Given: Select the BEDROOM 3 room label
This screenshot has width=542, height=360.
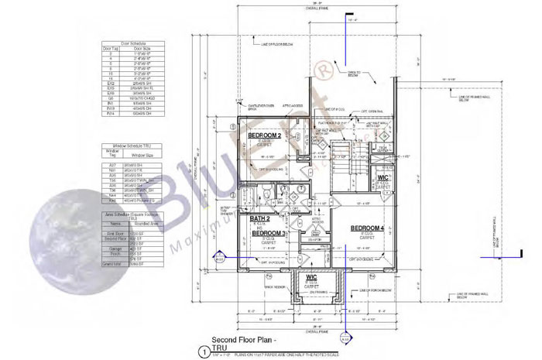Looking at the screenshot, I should (x=269, y=233).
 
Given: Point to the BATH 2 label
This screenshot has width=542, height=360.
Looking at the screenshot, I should (x=259, y=219).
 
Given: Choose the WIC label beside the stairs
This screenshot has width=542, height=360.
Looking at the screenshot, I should (x=382, y=178).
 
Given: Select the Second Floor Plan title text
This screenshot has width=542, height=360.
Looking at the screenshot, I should (x=237, y=339).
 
